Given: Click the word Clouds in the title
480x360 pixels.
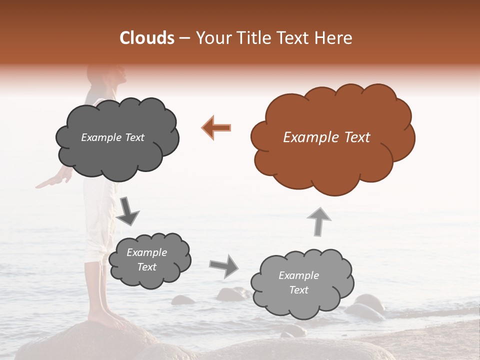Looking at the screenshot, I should click(x=147, y=38).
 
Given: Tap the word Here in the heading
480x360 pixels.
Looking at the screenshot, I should click(x=334, y=38).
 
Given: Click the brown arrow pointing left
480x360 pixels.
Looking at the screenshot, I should click(x=216, y=127).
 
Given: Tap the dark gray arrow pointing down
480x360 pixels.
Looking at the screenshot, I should click(x=128, y=210).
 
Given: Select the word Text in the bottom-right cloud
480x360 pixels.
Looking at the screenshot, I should click(x=298, y=290).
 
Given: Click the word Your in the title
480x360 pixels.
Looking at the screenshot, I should click(x=209, y=38).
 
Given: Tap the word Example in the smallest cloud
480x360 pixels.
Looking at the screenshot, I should click(x=146, y=252).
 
